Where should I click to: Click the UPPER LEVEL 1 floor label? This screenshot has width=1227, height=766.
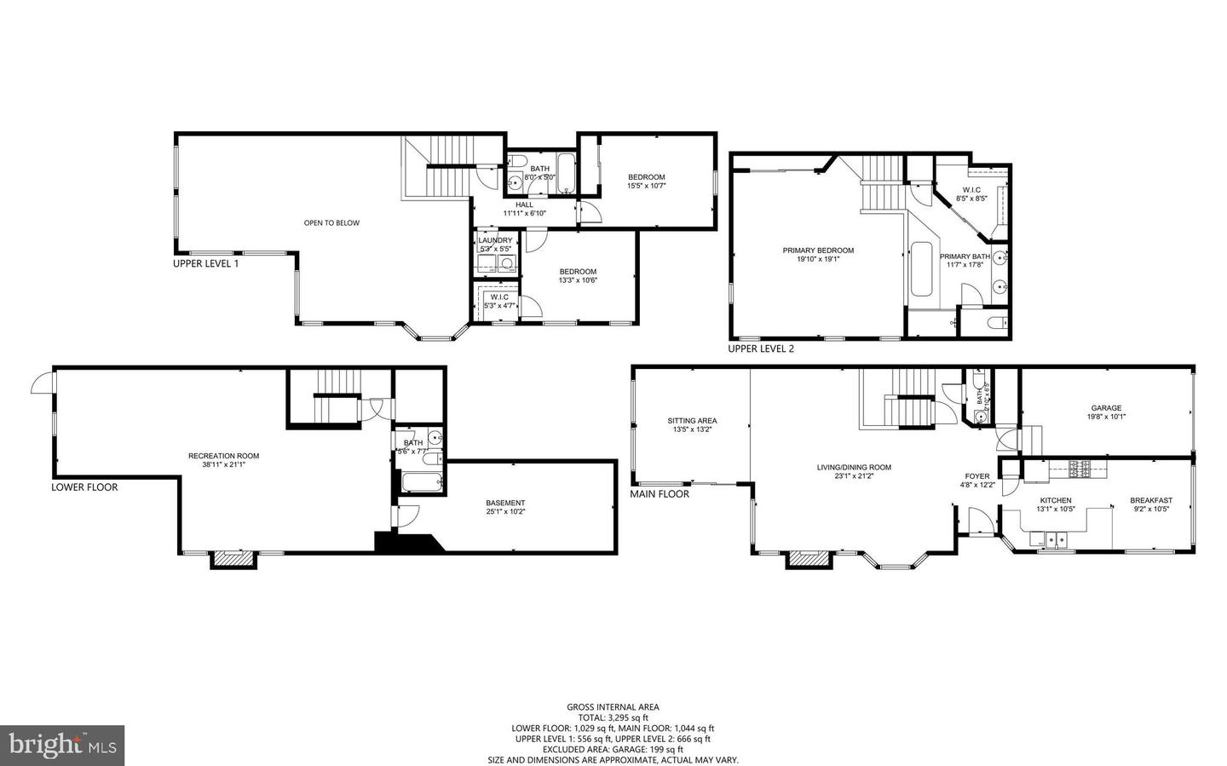tap(205, 263)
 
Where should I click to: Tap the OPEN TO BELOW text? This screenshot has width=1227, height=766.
tap(331, 223)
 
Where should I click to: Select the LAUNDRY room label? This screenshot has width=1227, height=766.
tap(495, 240)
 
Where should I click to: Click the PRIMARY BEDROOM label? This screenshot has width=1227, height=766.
tap(818, 251)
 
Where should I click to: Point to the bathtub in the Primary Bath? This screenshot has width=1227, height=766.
tap(921, 269)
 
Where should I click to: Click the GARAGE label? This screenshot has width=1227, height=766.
tap(1106, 407)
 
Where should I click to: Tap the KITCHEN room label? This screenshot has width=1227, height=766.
tap(1056, 500)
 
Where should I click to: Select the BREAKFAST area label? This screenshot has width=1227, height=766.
tap(1151, 500)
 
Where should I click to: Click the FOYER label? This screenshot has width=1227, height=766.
tap(977, 476)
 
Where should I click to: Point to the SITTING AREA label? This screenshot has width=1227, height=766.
tap(691, 420)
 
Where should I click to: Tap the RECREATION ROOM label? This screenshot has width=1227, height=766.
tap(223, 456)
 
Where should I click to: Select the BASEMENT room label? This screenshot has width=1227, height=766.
tap(505, 503)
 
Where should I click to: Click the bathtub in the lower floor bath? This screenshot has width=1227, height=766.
tap(422, 483)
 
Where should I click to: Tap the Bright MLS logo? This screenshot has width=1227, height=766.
tap(62, 746)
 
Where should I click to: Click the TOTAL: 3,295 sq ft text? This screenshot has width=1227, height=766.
tap(613, 717)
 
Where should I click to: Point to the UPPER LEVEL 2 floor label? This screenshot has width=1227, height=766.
tap(760, 348)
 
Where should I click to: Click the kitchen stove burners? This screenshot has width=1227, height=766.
tap(1080, 467)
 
